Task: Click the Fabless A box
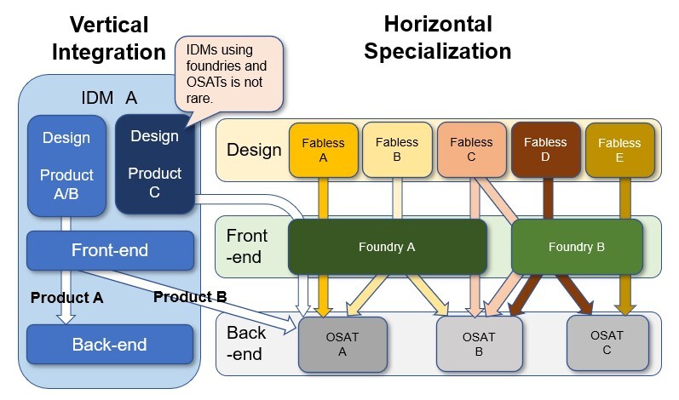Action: click(x=324, y=150)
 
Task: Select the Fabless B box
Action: click(x=397, y=150)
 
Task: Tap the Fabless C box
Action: click(x=471, y=150)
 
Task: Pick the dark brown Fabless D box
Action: click(x=545, y=150)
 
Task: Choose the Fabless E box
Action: click(x=619, y=151)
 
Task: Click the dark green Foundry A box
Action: click(x=388, y=247)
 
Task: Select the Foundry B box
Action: click(x=577, y=247)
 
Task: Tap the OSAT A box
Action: click(x=342, y=344)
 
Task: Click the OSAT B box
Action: click(x=479, y=344)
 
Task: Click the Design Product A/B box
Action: click(x=66, y=164)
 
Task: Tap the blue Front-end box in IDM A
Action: click(x=109, y=250)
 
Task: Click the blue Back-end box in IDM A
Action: click(x=109, y=345)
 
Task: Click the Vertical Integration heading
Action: click(x=109, y=38)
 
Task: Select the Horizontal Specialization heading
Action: click(x=437, y=37)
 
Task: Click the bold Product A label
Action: click(x=66, y=298)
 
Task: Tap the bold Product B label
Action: click(x=189, y=297)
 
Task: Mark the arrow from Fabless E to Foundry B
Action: click(x=625, y=199)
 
